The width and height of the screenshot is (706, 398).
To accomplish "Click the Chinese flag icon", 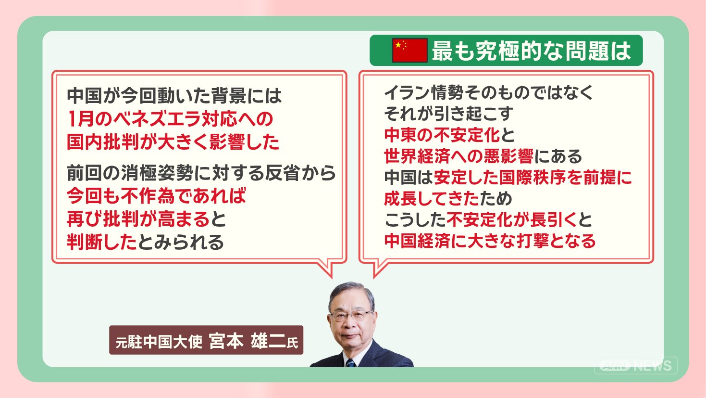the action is click(x=410, y=50).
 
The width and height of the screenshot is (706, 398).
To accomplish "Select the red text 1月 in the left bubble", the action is click(x=81, y=119).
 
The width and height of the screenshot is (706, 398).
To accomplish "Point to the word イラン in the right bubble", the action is click(x=407, y=92).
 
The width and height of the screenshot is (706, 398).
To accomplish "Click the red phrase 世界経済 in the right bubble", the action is click(x=417, y=156).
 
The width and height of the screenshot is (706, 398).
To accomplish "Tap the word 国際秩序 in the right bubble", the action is click(x=533, y=178).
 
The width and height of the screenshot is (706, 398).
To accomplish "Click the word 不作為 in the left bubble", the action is click(x=148, y=196).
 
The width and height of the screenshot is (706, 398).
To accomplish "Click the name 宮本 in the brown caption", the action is click(x=226, y=341).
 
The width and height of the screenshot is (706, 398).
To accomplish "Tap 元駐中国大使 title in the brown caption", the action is click(x=159, y=342).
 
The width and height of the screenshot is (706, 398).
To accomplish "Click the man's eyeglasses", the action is click(x=351, y=315).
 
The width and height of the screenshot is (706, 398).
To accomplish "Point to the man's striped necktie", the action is click(x=350, y=363).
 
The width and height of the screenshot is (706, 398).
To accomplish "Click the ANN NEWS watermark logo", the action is click(x=635, y=365).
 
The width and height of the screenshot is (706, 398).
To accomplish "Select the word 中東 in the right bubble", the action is click(x=401, y=135).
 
